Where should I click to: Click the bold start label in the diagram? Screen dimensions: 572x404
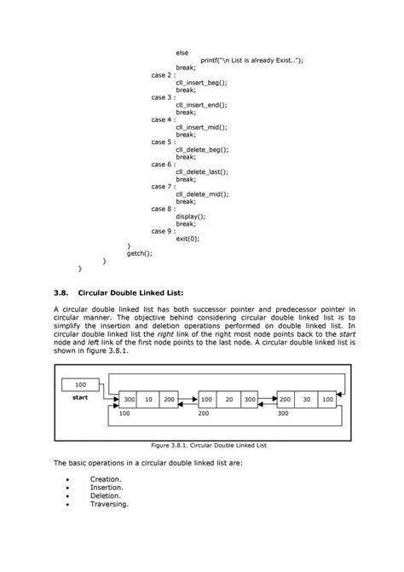[80, 397]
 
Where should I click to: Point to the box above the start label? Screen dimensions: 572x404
[79, 385]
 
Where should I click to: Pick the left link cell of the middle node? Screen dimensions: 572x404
[208, 399]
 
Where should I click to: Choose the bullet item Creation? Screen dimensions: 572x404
[105, 479]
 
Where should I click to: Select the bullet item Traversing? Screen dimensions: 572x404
[109, 504]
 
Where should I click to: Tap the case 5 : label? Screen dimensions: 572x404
[162, 142]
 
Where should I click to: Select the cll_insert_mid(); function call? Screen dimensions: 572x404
[201, 127]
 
